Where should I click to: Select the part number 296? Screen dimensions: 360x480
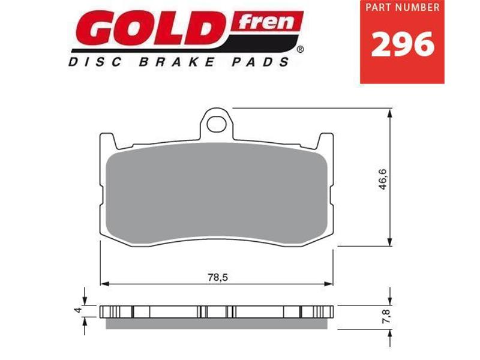tap(402, 45)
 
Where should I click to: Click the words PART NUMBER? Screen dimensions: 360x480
tap(402, 9)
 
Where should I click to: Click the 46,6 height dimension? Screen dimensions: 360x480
tap(382, 178)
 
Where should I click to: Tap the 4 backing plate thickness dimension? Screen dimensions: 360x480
tap(77, 311)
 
